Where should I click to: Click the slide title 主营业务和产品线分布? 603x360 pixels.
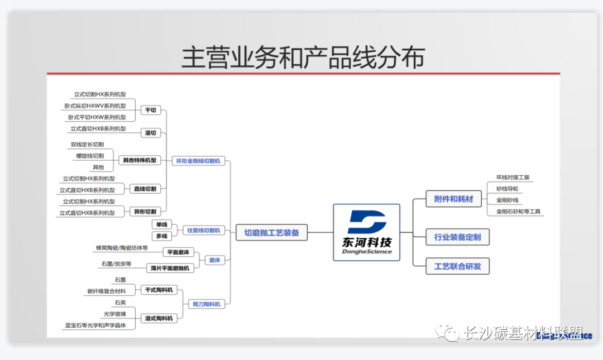303,57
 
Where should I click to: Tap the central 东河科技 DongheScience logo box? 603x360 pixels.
366,232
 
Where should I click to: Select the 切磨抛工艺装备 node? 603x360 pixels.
271,233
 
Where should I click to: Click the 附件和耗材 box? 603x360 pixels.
453,199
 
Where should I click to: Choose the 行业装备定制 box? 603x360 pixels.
453,237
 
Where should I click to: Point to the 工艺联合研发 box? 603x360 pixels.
453,266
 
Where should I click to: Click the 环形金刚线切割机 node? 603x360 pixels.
198,161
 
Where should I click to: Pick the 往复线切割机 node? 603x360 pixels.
203,230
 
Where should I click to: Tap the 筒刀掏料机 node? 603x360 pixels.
206,304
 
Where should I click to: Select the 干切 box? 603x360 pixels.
150,110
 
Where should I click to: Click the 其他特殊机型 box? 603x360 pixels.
139,160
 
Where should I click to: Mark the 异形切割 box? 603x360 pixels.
145,212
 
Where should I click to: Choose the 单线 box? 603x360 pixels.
161,224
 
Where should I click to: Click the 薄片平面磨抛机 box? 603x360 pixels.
170,268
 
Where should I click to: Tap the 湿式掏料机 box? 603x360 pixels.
159,318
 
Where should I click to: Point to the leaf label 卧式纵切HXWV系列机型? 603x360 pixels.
95,106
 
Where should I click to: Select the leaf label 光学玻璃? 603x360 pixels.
114,314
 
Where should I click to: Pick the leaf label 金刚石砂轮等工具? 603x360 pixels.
518,212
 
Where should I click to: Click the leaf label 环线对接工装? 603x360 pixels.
513,177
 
